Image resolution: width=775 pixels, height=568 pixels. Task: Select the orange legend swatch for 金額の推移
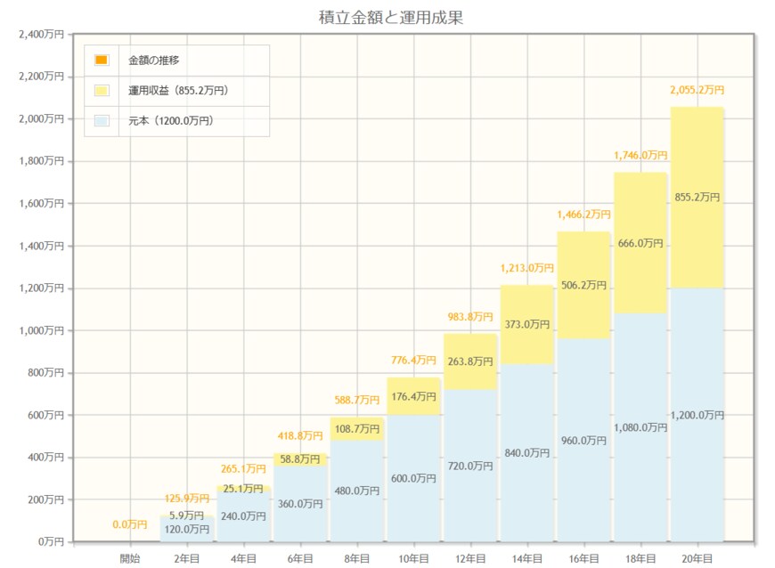tap(102, 61)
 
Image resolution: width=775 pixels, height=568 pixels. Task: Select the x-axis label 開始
tap(130, 558)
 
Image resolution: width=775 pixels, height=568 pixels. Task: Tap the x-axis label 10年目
tap(413, 558)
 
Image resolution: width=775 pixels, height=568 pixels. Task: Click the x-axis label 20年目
tap(697, 558)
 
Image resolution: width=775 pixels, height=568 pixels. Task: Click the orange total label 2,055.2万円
tap(697, 91)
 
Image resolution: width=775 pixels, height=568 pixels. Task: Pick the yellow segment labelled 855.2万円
tap(697, 198)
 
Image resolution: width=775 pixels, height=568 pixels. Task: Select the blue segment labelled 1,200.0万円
tap(697, 415)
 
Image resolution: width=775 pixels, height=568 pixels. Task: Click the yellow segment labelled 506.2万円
tap(583, 285)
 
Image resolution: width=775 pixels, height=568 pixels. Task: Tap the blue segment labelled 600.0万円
tap(413, 478)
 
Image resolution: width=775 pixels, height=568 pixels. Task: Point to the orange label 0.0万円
tap(130, 524)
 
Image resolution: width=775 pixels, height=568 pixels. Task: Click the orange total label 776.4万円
tap(413, 361)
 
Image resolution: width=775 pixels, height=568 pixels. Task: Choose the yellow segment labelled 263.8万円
tap(470, 361)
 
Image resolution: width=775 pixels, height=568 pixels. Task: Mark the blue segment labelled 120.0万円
tap(187, 530)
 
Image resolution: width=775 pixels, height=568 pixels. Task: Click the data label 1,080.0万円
tap(640, 427)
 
